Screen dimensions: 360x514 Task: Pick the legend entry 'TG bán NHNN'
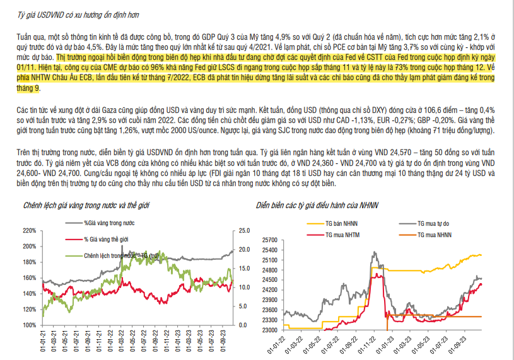coord(341,223)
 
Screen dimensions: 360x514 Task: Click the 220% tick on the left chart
coord(28,231)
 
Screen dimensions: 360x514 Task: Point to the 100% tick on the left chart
coord(28,325)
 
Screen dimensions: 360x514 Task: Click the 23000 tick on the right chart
coord(269,330)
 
